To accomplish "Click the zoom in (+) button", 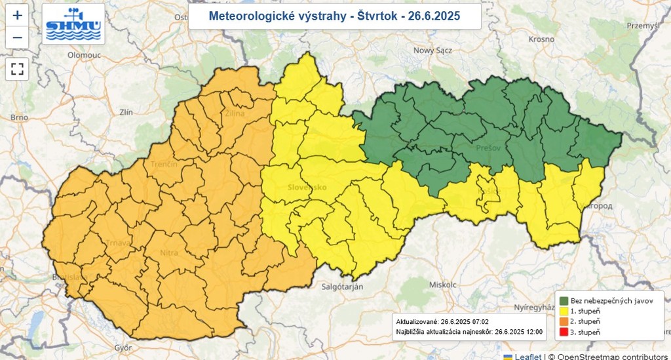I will [17, 15].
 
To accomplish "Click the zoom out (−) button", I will [17, 37].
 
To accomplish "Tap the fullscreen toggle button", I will [17, 69].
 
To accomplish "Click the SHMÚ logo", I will [73, 24].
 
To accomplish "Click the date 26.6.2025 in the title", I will [434, 16].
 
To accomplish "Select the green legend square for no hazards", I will [563, 300].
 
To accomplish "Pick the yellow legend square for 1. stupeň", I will [563, 311].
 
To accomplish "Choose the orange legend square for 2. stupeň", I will [563, 321].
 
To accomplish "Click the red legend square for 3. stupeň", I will [563, 332].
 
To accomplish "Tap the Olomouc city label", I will [83, 56].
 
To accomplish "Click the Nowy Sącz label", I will [433, 50].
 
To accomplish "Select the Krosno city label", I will [541, 39].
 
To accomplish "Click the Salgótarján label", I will [342, 287].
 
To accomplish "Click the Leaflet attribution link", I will [527, 356].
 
